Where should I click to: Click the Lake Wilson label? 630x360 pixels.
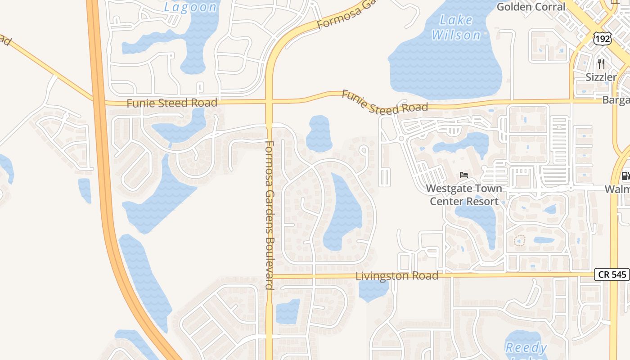click(x=456, y=27)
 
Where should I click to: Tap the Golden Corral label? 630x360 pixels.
click(x=531, y=7)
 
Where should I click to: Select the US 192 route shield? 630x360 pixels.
click(x=602, y=39)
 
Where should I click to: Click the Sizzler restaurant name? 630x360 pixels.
click(x=601, y=77)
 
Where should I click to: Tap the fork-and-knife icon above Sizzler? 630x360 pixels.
click(x=601, y=63)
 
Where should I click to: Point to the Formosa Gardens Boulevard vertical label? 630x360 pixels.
click(x=270, y=215)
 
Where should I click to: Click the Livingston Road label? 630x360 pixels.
click(x=396, y=275)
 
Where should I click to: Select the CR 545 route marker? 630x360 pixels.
click(x=612, y=274)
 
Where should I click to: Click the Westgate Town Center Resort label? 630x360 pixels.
click(x=464, y=194)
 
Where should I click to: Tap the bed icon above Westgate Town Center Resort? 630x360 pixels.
click(x=464, y=175)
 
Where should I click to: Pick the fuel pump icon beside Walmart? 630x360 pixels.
click(x=625, y=176)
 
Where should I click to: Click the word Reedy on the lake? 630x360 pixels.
click(x=526, y=347)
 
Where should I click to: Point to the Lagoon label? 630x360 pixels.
click(x=190, y=7)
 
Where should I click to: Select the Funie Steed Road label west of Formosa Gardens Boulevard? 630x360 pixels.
click(x=171, y=103)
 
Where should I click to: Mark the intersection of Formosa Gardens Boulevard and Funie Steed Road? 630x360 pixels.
click(x=269, y=101)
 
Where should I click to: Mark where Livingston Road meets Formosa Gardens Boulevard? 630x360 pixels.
click(x=269, y=275)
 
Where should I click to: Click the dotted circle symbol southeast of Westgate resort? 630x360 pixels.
click(x=519, y=240)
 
